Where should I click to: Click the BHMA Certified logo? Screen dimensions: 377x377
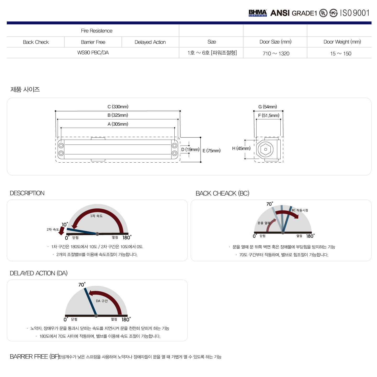[257, 13]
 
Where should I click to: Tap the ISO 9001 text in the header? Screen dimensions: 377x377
[355, 13]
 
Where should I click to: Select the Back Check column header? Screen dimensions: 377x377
[36, 42]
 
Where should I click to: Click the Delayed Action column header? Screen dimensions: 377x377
[150, 42]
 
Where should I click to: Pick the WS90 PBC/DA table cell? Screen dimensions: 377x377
[93, 53]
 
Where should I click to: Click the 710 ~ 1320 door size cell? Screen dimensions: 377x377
[276, 53]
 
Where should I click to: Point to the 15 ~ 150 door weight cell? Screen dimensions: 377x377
[341, 53]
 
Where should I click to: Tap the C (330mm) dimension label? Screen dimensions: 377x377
[118, 107]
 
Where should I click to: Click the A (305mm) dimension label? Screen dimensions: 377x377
[118, 124]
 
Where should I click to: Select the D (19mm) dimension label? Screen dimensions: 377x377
[190, 149]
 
